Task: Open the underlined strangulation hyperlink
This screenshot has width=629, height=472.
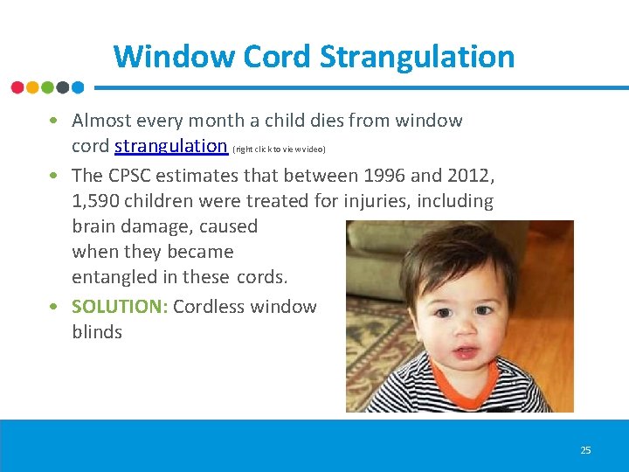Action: coord(171,146)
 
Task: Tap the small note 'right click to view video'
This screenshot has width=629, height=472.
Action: coord(279,149)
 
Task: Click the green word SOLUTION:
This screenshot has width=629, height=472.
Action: coord(120,307)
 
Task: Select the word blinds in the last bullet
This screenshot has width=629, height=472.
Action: coord(97,332)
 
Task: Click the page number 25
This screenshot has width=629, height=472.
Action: coord(585,450)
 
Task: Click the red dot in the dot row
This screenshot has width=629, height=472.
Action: coord(17,87)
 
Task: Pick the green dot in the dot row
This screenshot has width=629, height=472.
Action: coord(48,87)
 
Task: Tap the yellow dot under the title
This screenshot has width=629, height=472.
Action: coord(32,87)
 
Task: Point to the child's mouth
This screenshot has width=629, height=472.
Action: coord(464,354)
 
